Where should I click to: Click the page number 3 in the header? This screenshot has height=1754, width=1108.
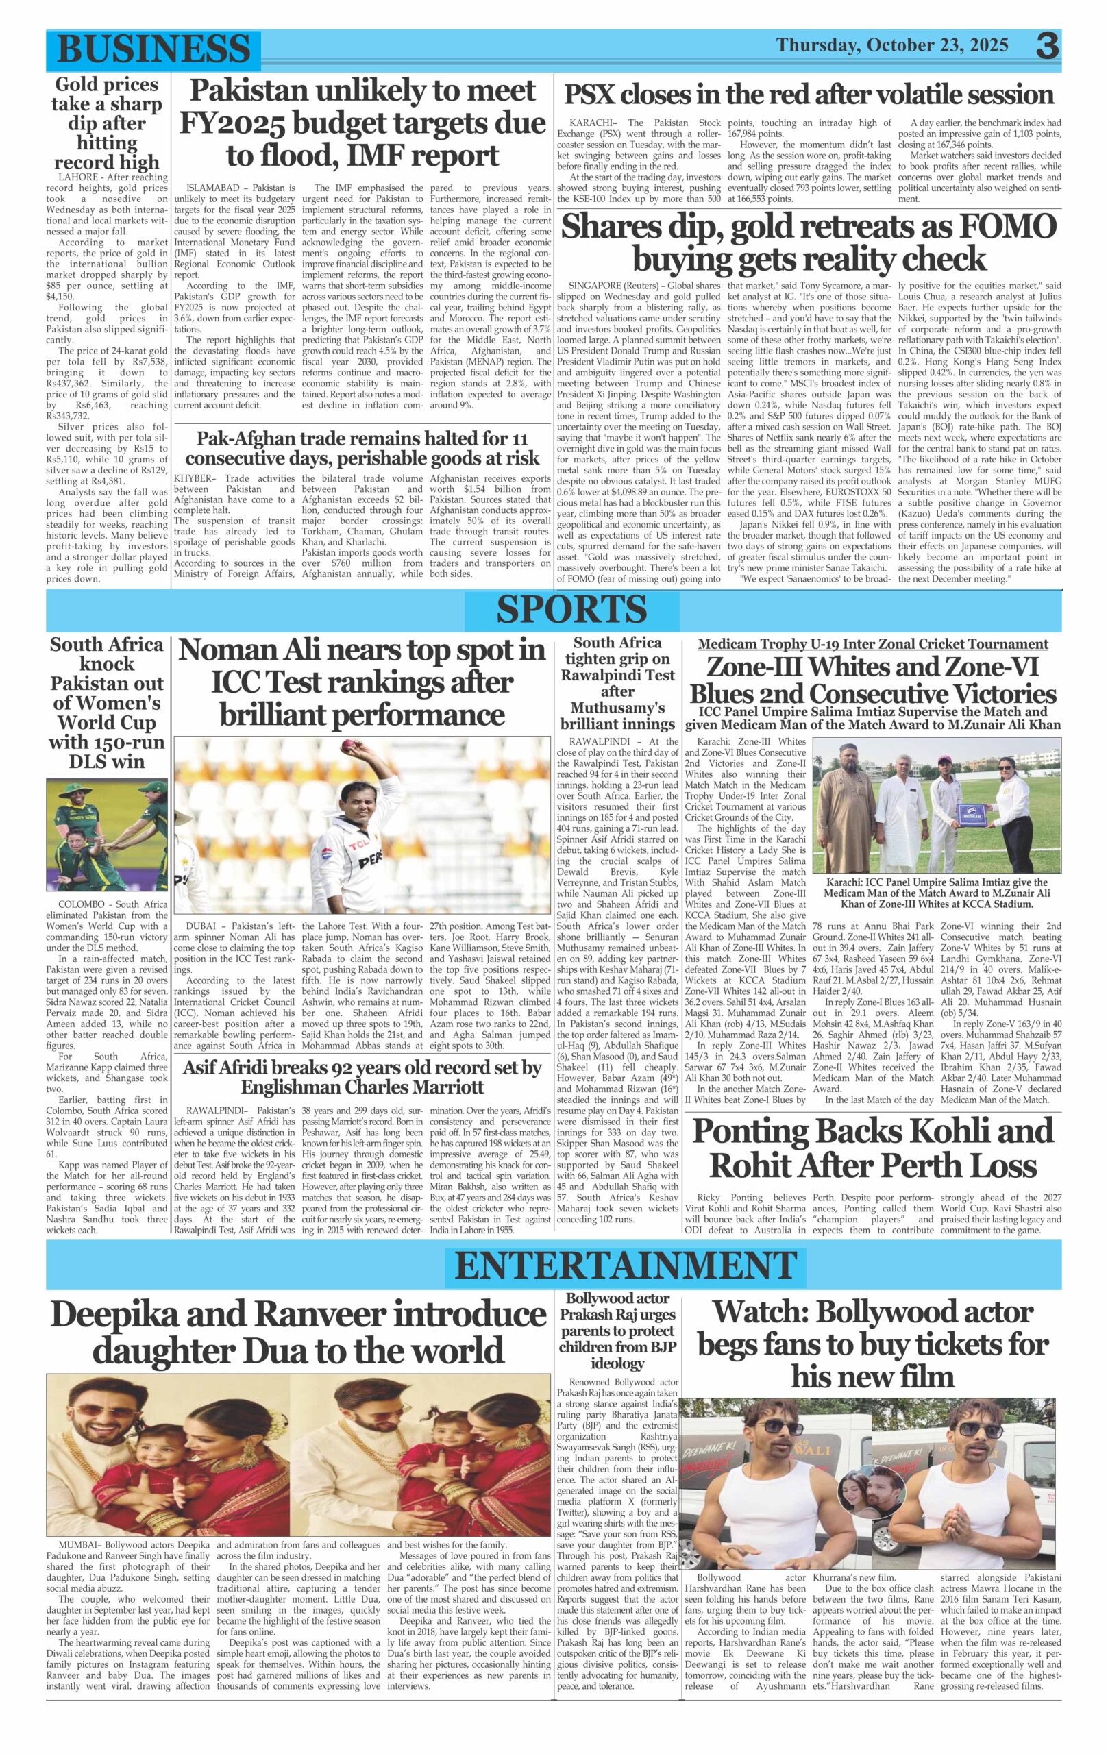(x=1048, y=47)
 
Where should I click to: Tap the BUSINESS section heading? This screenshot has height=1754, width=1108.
(x=153, y=49)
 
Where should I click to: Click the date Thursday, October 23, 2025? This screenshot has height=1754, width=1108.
(x=892, y=46)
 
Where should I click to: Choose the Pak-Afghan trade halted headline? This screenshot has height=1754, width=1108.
(x=362, y=448)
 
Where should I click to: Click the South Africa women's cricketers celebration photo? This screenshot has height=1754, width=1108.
(x=107, y=835)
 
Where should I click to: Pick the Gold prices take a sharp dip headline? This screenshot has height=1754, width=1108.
(x=106, y=123)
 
